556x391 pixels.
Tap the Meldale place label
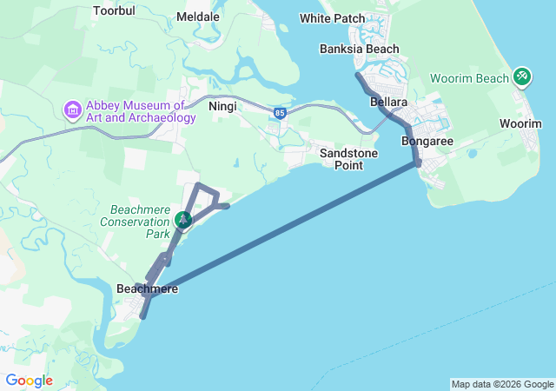click(x=197, y=17)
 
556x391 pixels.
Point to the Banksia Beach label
click(x=359, y=49)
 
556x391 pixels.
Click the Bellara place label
click(x=388, y=103)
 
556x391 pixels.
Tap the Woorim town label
click(x=520, y=124)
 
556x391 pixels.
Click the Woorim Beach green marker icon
click(x=521, y=76)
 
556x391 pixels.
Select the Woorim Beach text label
click(x=469, y=78)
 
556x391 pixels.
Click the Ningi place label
click(x=222, y=106)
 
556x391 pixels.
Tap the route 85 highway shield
click(x=278, y=113)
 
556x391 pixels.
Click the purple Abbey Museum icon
click(x=72, y=110)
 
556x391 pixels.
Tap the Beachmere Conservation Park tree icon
click(x=183, y=220)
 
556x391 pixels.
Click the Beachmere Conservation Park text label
click(x=139, y=222)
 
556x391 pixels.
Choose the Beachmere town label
click(x=146, y=288)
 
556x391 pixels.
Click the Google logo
click(x=29, y=381)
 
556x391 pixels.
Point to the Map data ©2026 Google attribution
click(x=502, y=384)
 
